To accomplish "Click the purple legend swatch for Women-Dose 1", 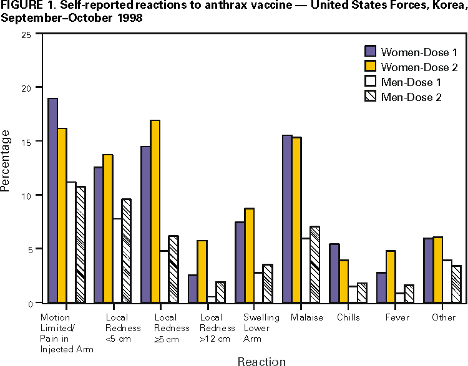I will pos(371,51).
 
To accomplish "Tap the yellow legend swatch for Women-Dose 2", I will pos(371,65).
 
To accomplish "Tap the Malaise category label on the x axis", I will pos(307,317).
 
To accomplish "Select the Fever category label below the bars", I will pos(397,317).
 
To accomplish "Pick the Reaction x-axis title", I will pos(261,361).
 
